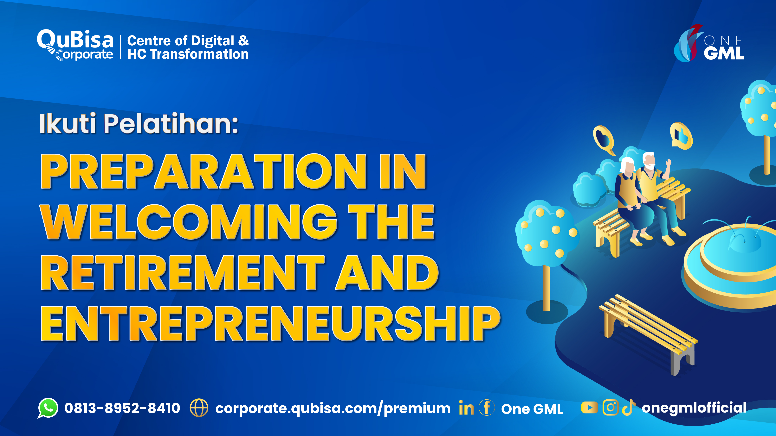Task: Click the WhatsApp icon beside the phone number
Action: (48, 408)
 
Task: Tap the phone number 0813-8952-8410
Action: (122, 408)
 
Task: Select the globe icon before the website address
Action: (199, 408)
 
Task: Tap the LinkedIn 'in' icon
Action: (466, 408)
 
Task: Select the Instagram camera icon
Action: (610, 408)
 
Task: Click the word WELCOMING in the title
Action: (189, 222)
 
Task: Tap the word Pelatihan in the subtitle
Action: (171, 124)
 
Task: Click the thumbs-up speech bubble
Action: (681, 136)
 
